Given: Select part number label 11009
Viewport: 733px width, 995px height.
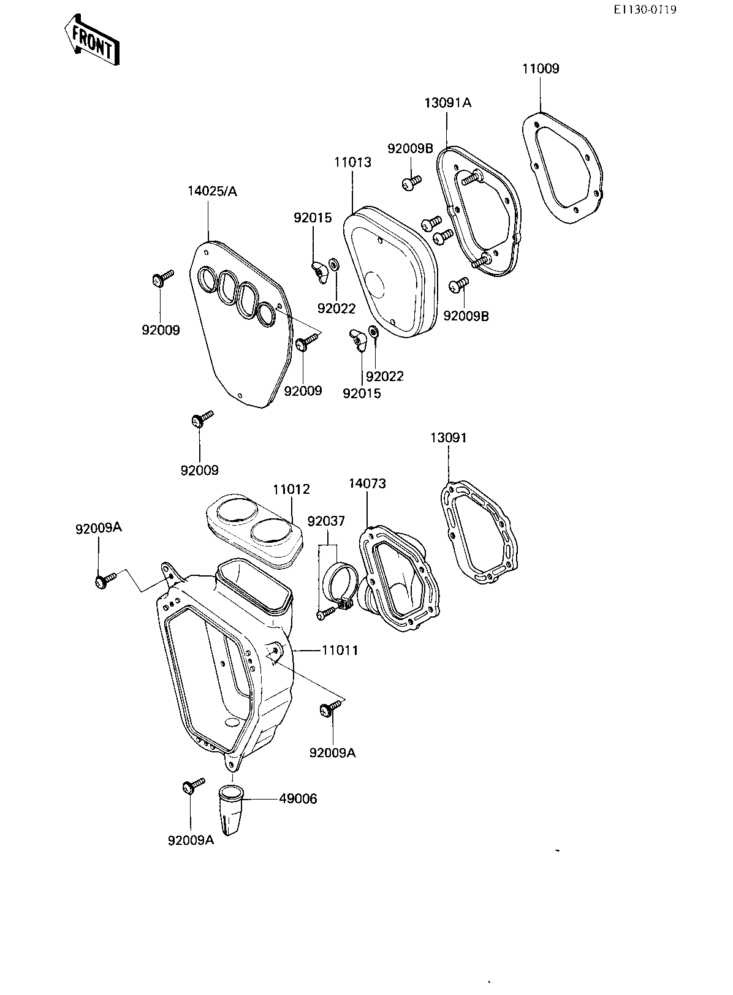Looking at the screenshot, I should pos(541,69).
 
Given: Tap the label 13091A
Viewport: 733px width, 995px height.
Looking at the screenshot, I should pos(448,103).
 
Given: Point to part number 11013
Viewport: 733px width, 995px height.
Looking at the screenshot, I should pos(352,162).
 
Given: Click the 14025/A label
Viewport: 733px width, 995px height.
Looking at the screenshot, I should pos(212,191).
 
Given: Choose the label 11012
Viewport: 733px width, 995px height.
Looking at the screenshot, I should pos(291,490).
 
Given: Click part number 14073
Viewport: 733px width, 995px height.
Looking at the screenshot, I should pos(367,483).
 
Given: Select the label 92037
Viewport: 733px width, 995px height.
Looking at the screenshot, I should pos(326,521).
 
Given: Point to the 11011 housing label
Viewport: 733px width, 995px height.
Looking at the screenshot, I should pos(340,650).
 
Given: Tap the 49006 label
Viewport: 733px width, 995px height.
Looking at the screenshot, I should pos(298,799).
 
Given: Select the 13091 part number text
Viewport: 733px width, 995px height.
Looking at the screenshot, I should pos(448,438).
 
